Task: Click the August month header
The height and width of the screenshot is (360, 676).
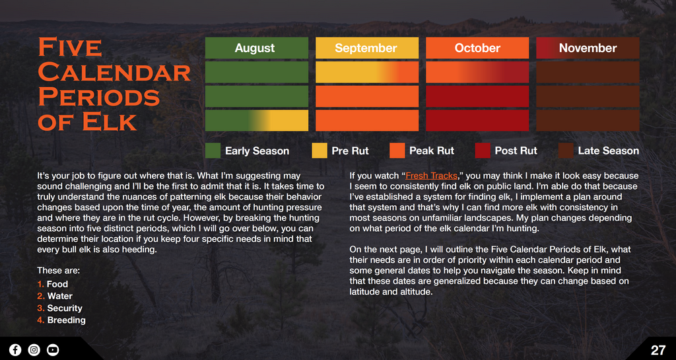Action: tap(257, 48)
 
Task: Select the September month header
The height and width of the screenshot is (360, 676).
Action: tap(367, 48)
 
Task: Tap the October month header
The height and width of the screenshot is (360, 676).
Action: tap(477, 48)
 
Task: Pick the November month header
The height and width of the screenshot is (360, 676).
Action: tap(588, 48)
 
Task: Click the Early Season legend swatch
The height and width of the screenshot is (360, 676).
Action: tap(213, 151)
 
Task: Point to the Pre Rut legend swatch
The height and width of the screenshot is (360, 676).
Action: tap(320, 151)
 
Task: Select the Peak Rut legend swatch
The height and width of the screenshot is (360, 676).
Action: tap(397, 151)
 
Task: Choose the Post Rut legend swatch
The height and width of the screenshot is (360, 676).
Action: tap(483, 151)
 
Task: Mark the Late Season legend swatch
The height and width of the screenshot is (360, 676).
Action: tap(566, 151)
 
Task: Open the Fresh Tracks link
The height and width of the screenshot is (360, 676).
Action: tap(431, 176)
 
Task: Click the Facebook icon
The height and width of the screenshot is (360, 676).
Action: tap(15, 349)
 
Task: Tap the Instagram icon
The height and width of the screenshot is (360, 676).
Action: tap(34, 349)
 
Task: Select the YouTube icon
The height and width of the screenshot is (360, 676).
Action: tap(53, 349)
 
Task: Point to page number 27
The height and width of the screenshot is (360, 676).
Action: tap(658, 350)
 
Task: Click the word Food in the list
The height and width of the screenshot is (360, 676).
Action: tap(57, 284)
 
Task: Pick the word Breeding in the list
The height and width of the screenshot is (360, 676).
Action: tap(67, 320)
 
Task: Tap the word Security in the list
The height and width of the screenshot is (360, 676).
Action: tap(65, 308)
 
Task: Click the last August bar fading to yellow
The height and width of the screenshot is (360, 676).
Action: tap(257, 120)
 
